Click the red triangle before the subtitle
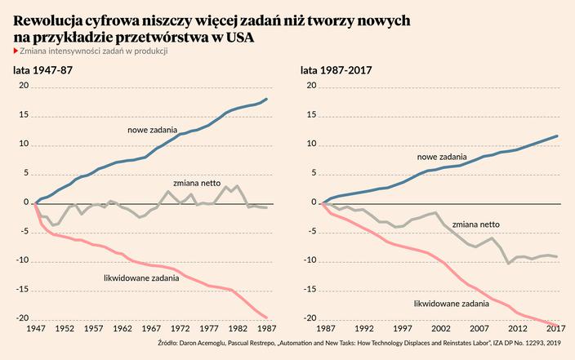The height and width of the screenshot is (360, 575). (x=16, y=51)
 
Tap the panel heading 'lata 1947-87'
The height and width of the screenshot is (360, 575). (x=38, y=71)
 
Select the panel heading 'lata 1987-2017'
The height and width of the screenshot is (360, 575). (x=337, y=71)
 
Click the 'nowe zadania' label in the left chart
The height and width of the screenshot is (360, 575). (x=154, y=130)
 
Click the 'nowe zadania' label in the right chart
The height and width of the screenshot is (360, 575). (x=442, y=156)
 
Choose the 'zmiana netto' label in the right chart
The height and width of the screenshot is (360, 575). (x=475, y=223)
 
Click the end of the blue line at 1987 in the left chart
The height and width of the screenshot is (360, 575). (x=266, y=99)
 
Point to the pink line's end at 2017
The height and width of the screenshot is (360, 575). (x=559, y=325)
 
